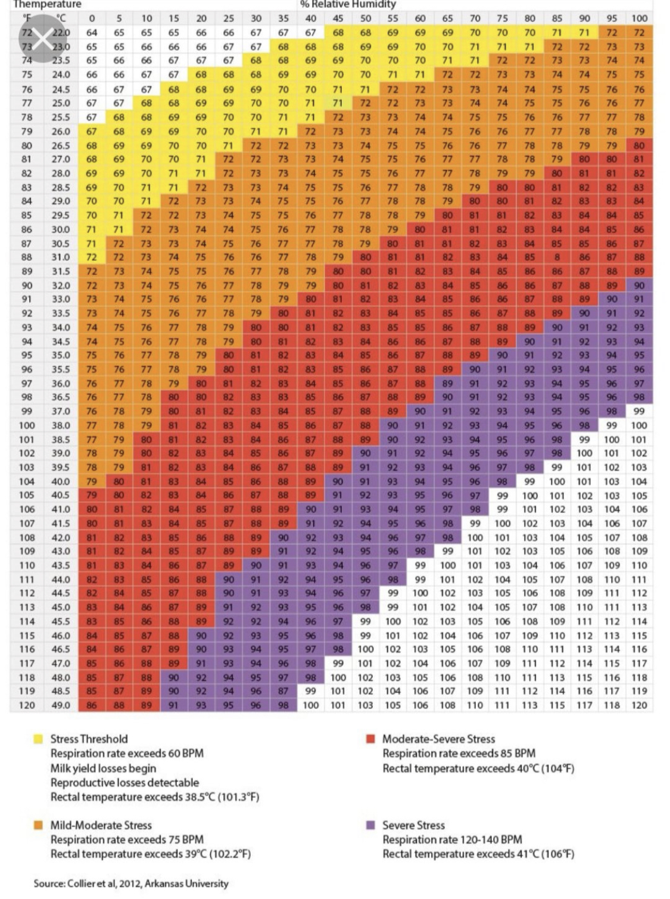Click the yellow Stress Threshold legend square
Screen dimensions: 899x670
tap(38, 739)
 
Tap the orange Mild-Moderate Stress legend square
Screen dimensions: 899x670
tap(38, 825)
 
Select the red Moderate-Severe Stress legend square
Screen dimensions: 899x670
tap(370, 739)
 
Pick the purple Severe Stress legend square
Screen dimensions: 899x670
tap(370, 825)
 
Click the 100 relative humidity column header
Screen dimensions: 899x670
tap(639, 18)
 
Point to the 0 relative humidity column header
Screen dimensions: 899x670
tap(92, 18)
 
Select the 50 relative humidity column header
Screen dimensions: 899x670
tap(365, 18)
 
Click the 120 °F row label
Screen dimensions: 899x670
tap(27, 705)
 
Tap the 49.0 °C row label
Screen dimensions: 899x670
tap(61, 705)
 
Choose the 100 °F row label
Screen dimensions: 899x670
tap(27, 425)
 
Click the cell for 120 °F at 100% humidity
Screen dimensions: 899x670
tap(639, 705)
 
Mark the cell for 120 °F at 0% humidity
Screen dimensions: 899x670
tap(92, 705)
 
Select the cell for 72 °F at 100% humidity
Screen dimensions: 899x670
tap(639, 33)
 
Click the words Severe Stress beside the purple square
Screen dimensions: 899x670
tap(413, 825)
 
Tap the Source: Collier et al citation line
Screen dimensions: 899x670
tap(131, 883)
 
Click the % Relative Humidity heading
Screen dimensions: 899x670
tap(348, 4)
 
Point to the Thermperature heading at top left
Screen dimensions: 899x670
tap(47, 4)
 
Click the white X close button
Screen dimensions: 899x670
tap(42, 39)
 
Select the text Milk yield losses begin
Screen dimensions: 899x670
tap(103, 768)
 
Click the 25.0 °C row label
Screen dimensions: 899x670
tap(61, 103)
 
